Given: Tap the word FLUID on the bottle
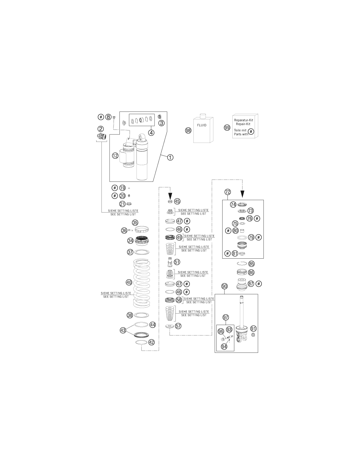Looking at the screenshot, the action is [202, 125].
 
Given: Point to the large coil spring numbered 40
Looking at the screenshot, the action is [142, 283].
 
